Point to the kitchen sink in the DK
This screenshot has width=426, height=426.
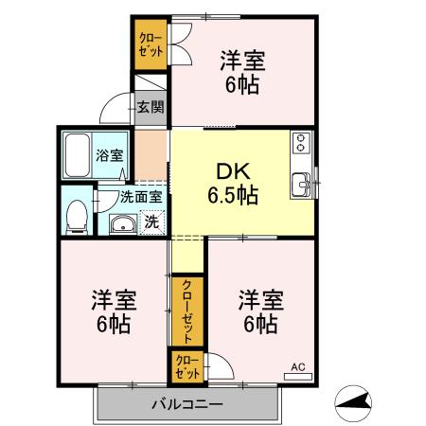302,182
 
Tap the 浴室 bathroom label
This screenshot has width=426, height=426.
107,156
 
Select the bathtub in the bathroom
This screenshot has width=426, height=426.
77,156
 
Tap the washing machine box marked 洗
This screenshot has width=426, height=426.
151,222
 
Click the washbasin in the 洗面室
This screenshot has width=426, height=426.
122,224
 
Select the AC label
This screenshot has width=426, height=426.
296,365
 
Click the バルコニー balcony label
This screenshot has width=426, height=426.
186,405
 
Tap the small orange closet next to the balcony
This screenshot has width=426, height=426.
186,365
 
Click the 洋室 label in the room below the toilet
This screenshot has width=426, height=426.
113,301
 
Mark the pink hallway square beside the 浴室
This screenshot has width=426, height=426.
151,152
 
